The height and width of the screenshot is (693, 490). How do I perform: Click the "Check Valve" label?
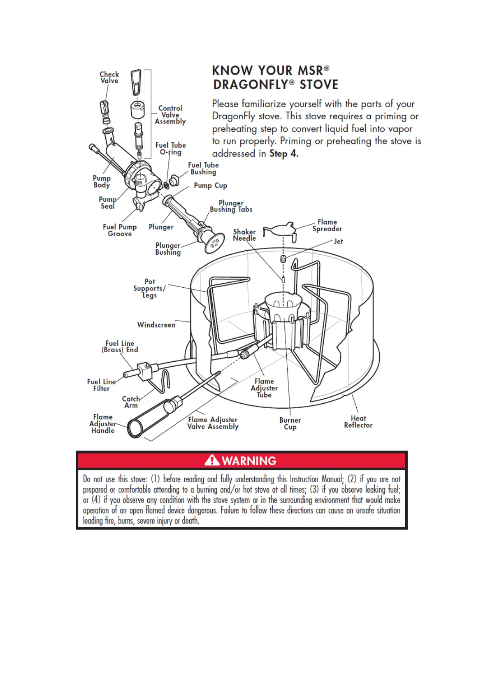pos(109,77)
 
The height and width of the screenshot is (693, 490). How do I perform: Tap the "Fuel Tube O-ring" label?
pos(170,149)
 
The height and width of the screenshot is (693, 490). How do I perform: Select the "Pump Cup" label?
pos(210,186)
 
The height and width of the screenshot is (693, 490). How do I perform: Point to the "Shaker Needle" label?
pos(244,235)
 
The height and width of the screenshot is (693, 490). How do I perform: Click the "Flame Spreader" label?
pos(327,226)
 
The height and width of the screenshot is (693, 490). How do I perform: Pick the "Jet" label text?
pos(338,242)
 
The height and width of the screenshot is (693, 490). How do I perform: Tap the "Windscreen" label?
pos(156,325)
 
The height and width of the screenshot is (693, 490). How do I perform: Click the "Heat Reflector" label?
pos(358,422)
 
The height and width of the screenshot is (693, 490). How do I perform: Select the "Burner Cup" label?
pos(290,423)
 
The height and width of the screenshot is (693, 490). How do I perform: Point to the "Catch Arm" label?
pos(131,402)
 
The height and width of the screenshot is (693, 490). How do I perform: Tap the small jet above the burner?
pos(283,259)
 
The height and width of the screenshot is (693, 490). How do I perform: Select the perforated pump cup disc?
pos(214,243)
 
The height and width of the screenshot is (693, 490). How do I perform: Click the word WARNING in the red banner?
pos(249,460)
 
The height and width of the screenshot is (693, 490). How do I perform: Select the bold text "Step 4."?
pos(284,153)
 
